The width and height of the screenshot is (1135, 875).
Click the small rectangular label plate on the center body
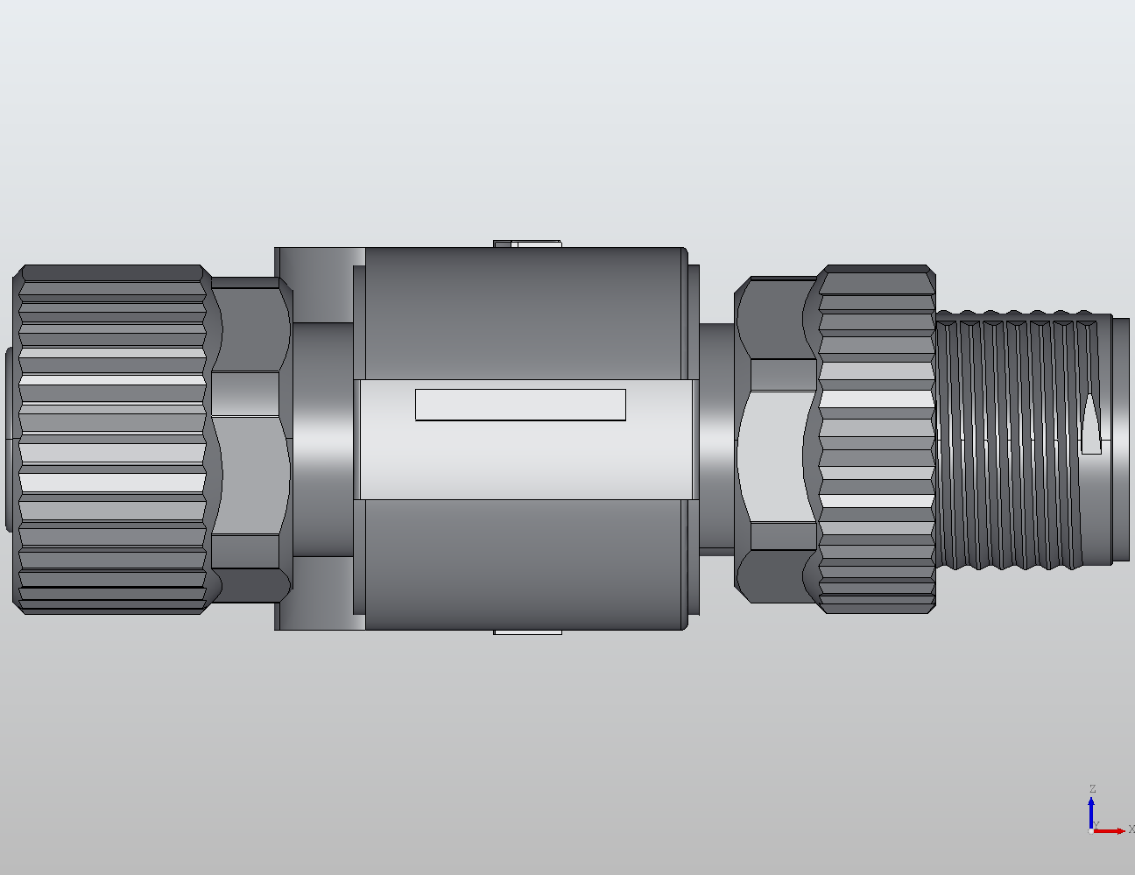coord(520,405)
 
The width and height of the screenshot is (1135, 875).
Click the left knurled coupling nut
coord(112,438)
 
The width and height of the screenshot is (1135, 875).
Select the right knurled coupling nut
coord(876,438)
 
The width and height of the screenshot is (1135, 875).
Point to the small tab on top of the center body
coord(527,243)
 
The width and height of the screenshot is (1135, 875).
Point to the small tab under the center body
coord(527,632)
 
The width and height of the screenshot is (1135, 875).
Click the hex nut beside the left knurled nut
coord(250,438)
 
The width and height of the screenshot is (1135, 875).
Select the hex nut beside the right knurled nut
coord(775,438)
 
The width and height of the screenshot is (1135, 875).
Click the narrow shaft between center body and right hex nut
coord(716,438)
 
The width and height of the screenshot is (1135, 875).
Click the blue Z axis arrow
coord(1091,810)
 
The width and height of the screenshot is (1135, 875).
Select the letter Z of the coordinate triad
coord(1092,789)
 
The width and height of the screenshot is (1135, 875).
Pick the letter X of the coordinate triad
coord(1131,829)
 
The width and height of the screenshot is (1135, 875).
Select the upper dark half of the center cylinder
coord(525,311)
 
